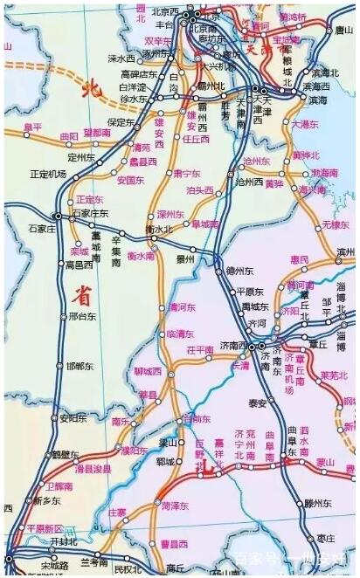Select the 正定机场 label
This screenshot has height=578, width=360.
pos(48,174)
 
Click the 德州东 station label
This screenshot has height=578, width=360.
pos(239,270)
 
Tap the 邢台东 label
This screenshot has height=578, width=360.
pos(80,317)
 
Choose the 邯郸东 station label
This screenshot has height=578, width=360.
pos(78,366)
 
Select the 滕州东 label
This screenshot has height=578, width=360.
pos(321,503)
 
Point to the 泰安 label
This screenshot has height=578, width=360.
pos(257,403)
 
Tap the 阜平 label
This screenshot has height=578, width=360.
pos(33,127)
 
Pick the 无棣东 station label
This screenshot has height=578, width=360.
pos(336,224)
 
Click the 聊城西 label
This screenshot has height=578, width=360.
pos(148,371)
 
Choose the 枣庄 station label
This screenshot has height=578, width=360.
pos(325,538)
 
